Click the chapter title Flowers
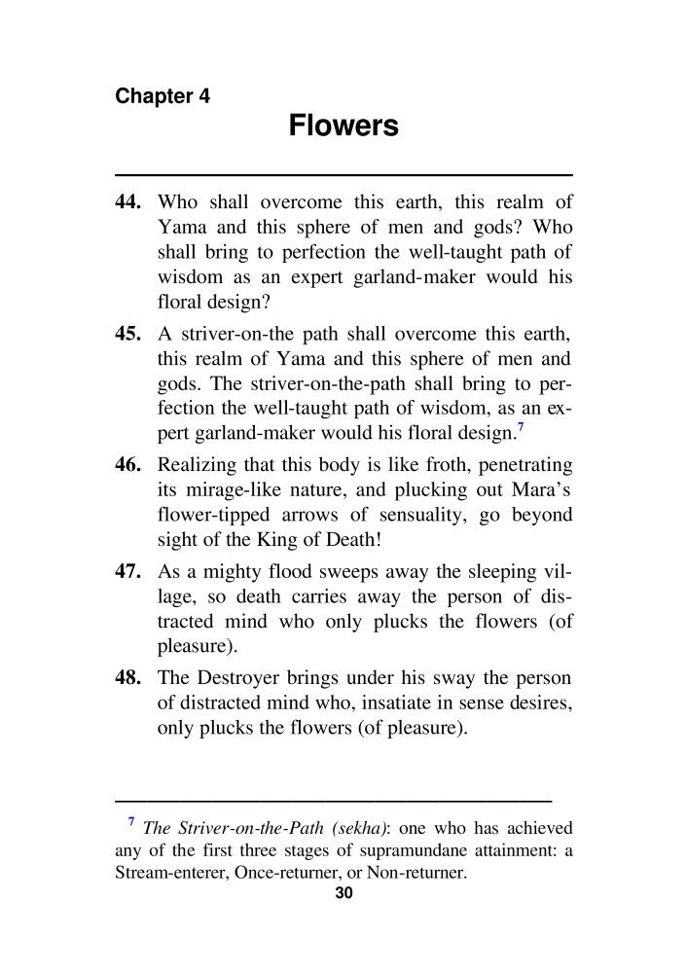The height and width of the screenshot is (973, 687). pyautogui.click(x=343, y=126)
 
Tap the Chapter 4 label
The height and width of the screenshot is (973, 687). pyautogui.click(x=163, y=96)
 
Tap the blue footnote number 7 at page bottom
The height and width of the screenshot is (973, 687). pyautogui.click(x=131, y=823)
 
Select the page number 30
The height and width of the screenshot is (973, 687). pyautogui.click(x=343, y=895)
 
